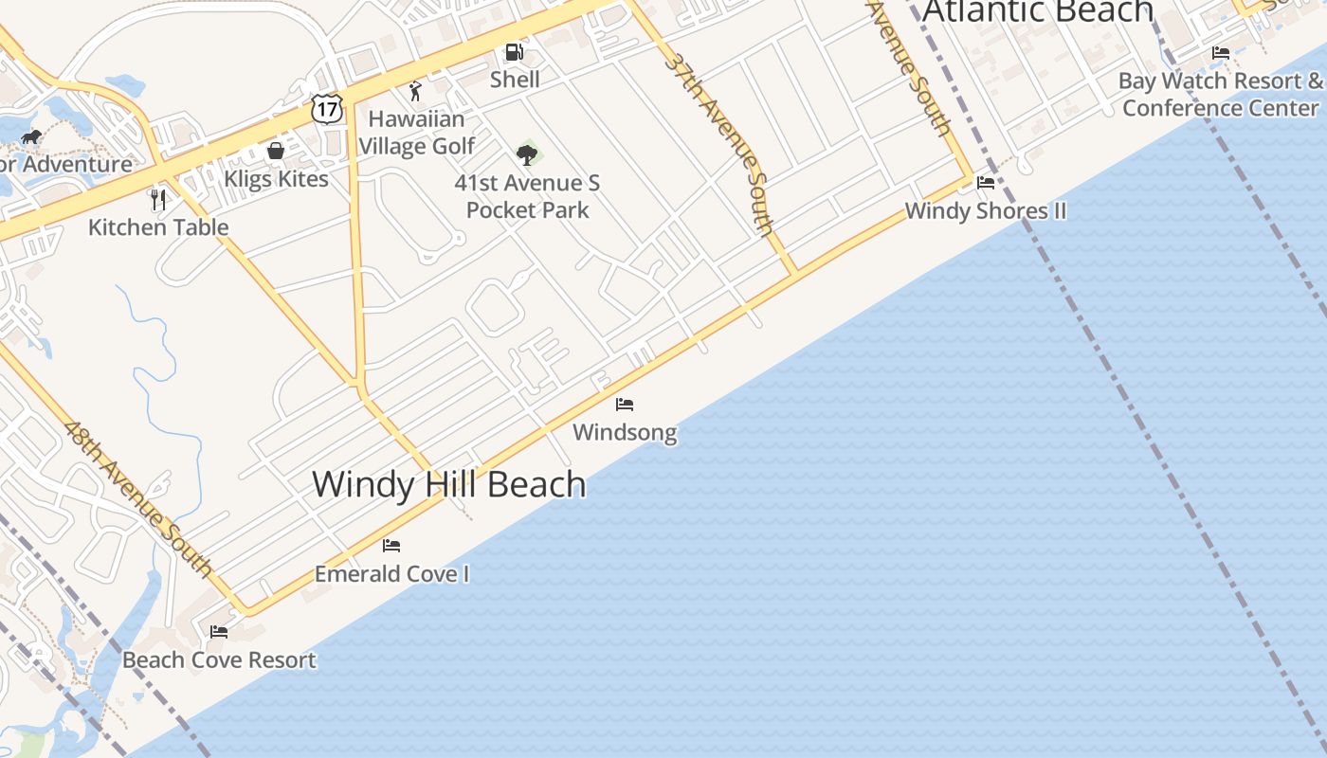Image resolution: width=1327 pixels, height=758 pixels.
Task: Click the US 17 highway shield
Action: [x=325, y=108]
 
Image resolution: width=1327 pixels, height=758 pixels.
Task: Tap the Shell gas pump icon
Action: [x=514, y=52]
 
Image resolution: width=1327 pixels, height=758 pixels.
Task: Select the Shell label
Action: [x=515, y=80]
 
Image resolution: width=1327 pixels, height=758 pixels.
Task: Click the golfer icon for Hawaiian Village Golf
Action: [x=414, y=91]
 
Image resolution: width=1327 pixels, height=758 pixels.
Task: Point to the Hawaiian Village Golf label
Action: [x=416, y=133]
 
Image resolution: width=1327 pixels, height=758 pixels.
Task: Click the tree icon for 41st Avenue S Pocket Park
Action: [x=527, y=153]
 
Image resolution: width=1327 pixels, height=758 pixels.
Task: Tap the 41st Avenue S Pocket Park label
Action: [x=527, y=196]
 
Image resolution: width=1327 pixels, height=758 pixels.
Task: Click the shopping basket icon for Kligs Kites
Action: [x=276, y=151]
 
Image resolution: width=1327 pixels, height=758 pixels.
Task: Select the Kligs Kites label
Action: [x=276, y=178]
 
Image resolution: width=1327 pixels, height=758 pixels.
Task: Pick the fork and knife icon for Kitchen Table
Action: [x=158, y=200]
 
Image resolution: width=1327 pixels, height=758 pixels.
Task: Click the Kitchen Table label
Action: [x=158, y=227]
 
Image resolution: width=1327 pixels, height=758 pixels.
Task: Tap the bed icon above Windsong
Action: [x=624, y=405]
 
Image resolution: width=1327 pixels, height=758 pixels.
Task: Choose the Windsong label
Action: [x=625, y=433]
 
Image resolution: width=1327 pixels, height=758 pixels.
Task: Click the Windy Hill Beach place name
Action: [x=449, y=484]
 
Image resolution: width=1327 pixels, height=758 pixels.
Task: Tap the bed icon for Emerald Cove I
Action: [x=391, y=546]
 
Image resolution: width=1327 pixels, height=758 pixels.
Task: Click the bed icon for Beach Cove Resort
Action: [x=219, y=631]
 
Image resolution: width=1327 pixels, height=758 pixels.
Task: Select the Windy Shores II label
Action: [x=986, y=210]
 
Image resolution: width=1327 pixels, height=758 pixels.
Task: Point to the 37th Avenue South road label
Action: [x=719, y=142]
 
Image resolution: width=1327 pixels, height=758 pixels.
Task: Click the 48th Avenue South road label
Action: [x=138, y=497]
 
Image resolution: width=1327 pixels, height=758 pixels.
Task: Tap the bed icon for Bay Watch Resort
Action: [x=1221, y=53]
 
